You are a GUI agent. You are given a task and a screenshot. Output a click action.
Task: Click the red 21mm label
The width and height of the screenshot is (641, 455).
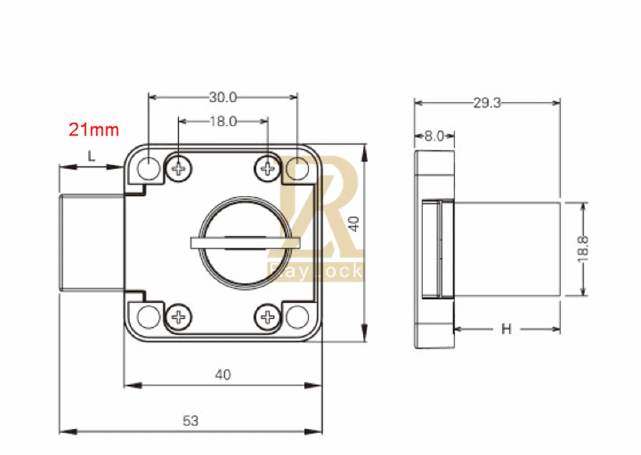94,129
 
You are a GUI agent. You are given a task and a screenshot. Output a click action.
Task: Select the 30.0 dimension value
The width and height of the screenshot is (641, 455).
223,97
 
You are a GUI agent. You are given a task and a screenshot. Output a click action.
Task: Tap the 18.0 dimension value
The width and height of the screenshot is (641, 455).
223,121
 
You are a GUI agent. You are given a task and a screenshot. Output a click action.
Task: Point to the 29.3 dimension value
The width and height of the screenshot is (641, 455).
487,103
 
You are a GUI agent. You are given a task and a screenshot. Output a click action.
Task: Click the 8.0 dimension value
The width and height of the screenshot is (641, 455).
434,136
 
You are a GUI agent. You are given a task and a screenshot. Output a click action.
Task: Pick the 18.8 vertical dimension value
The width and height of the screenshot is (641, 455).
583,248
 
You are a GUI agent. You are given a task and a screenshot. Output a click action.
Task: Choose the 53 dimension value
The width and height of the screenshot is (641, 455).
190,420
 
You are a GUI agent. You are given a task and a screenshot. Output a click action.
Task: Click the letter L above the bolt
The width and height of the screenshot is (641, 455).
91,156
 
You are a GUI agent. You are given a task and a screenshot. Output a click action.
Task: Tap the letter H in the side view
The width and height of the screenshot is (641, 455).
506,328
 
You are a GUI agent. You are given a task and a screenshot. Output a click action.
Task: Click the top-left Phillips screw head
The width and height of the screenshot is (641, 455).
179,168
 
